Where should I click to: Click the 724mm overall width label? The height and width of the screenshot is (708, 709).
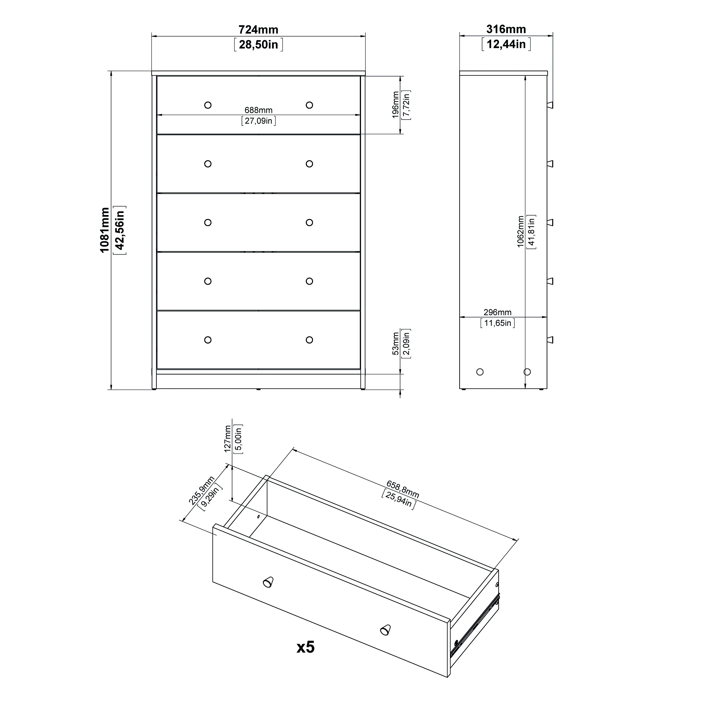point(258,29)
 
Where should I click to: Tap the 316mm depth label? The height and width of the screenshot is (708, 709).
point(506,29)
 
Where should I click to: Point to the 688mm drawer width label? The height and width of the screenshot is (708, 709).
point(258,110)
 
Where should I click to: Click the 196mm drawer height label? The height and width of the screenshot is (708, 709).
point(395,105)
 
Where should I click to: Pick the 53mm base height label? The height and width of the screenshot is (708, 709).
point(395,344)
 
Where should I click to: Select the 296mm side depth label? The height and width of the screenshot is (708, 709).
point(497,312)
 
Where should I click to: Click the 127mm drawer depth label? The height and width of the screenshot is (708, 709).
point(228,439)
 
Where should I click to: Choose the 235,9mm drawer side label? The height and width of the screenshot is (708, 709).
point(201,491)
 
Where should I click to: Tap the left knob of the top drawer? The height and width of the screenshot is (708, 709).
point(208,105)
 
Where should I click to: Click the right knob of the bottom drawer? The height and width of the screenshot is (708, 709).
point(309,340)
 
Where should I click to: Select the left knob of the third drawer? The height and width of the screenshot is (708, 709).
point(208,223)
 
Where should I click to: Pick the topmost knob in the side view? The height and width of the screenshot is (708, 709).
point(550,105)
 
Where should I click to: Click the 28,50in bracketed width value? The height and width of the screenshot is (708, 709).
point(258,45)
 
